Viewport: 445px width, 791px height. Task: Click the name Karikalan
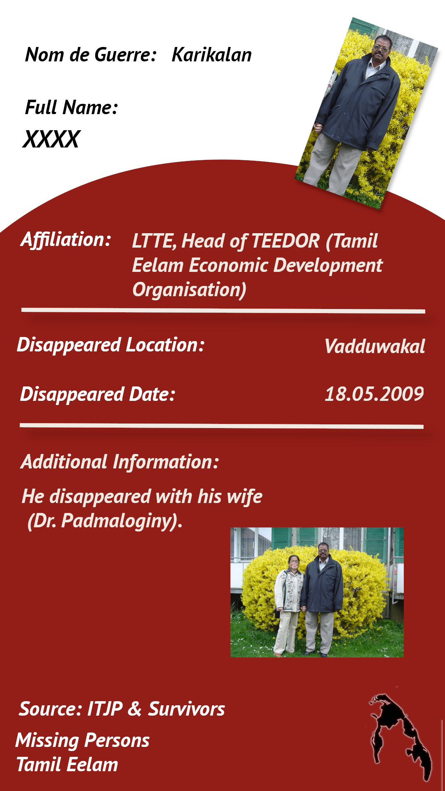(211, 54)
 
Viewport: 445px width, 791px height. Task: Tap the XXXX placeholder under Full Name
(51, 139)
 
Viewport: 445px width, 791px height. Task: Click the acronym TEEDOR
(285, 241)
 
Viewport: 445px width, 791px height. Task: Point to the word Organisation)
(190, 290)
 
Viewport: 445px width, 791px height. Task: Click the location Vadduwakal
(375, 346)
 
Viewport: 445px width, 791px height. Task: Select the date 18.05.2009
(374, 394)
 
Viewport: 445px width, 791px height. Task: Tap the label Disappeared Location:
(110, 345)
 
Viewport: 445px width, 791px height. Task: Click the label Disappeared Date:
(98, 394)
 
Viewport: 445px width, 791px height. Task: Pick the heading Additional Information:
(119, 461)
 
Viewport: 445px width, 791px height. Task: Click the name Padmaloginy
(117, 521)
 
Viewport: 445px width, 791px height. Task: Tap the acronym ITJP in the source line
(105, 709)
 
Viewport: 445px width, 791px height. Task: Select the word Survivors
(186, 709)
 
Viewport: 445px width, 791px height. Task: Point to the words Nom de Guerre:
(91, 54)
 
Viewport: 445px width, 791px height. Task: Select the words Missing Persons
(82, 741)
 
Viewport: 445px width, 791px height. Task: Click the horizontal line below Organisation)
(223, 311)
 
